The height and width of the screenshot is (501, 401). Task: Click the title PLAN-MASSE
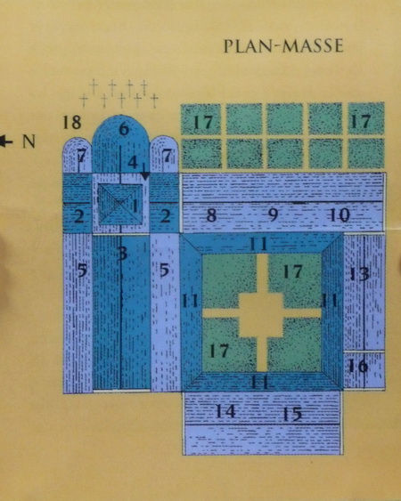(283, 46)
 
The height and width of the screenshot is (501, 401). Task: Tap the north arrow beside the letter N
(6, 141)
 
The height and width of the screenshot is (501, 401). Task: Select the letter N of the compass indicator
(29, 141)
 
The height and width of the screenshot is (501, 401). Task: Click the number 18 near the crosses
(72, 122)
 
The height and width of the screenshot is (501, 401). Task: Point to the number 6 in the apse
(124, 129)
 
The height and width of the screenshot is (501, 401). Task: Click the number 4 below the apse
(133, 163)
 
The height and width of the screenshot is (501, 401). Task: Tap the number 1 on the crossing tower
(135, 206)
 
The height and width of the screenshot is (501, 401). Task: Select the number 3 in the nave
(122, 254)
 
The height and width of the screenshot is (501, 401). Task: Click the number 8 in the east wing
(211, 215)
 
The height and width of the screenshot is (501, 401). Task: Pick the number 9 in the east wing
(273, 215)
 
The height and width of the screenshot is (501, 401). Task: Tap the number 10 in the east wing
(340, 215)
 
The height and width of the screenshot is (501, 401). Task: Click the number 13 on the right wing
(359, 274)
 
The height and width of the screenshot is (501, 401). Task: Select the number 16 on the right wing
(358, 366)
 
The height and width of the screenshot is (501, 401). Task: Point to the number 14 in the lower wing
(225, 411)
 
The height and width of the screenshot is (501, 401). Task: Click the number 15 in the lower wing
(292, 414)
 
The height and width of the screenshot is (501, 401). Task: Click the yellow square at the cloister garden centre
(261, 315)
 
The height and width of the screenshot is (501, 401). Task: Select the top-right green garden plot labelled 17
(366, 118)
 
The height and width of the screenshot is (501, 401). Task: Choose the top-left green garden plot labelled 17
(201, 119)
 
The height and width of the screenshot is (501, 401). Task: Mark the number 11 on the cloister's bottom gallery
(259, 382)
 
